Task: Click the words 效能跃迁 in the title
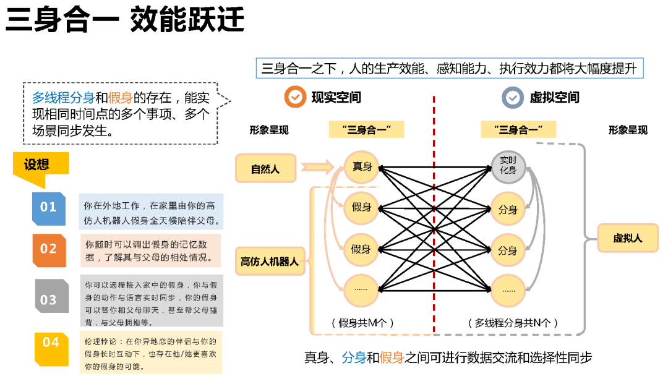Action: click(187, 20)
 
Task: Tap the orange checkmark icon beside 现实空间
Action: click(296, 97)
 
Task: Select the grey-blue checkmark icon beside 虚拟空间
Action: click(512, 97)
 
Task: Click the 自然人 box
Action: click(265, 168)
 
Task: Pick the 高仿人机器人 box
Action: click(269, 262)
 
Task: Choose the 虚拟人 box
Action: click(628, 238)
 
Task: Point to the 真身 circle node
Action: click(361, 166)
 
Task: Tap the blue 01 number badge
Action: click(48, 207)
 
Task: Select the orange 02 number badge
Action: click(48, 249)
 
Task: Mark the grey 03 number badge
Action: click(48, 300)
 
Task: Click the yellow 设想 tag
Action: click(38, 164)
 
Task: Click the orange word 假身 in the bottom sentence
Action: click(392, 357)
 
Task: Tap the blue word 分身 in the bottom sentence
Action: click(354, 357)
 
